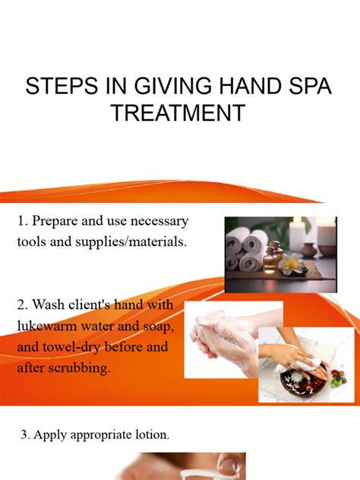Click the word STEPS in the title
click(x=63, y=86)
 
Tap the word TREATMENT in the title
click(x=179, y=112)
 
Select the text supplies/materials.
click(x=131, y=242)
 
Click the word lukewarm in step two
click(x=47, y=326)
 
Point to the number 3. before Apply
click(x=25, y=434)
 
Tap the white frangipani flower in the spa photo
click(x=290, y=264)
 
